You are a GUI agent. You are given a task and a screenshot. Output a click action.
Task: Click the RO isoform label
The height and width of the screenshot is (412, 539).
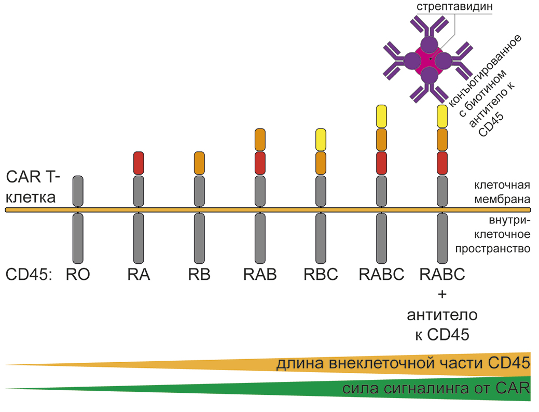coord(78,274)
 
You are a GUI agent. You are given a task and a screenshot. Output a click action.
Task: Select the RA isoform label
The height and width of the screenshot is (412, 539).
coord(139,274)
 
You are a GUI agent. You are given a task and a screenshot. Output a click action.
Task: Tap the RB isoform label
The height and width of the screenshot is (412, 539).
coord(199,274)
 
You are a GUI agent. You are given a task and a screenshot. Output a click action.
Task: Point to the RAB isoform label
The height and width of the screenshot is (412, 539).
coord(260,274)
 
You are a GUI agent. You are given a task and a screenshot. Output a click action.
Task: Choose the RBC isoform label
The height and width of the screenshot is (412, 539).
coord(321,274)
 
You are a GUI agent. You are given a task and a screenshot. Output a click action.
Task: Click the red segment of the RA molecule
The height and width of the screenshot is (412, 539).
coord(139,163)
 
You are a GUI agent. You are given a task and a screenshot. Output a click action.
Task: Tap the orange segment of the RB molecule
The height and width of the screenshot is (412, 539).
coord(199,163)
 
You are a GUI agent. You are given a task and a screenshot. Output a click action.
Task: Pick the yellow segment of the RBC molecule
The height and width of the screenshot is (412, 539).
coord(321,139)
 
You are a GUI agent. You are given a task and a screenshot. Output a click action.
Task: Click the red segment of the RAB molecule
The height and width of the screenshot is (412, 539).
coord(260,163)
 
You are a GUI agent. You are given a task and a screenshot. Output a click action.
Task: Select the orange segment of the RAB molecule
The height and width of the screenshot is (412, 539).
coord(260,139)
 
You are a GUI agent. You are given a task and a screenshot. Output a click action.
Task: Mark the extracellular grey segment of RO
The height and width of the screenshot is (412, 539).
coord(78,191)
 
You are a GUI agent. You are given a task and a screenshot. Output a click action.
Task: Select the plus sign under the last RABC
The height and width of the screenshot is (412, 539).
coord(442,294)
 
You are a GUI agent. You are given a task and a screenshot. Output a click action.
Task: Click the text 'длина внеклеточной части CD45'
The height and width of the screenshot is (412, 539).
coord(403,363)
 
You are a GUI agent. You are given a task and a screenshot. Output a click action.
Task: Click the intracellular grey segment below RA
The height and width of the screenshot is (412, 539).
coord(139,238)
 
